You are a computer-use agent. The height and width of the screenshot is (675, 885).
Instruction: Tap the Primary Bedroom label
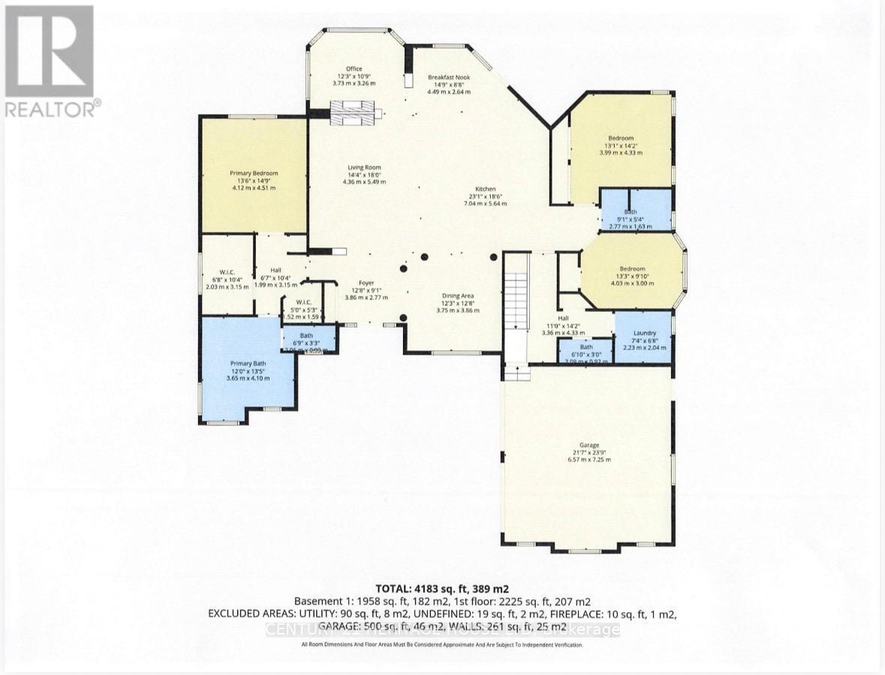pyautogui.click(x=253, y=173)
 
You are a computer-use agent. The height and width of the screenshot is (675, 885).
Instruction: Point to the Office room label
pyautogui.click(x=354, y=68)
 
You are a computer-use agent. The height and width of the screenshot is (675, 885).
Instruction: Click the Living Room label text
pyautogui.click(x=364, y=167)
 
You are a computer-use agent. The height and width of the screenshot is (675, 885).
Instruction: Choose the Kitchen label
pyautogui.click(x=486, y=189)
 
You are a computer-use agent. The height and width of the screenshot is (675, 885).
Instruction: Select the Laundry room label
pyautogui.click(x=644, y=333)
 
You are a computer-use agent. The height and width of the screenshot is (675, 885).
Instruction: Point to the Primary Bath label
pyautogui.click(x=248, y=363)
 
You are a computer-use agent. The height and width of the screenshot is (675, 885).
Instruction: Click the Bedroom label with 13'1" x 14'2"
pyautogui.click(x=621, y=138)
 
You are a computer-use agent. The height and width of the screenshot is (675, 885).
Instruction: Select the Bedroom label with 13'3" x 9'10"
pyautogui.click(x=631, y=268)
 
